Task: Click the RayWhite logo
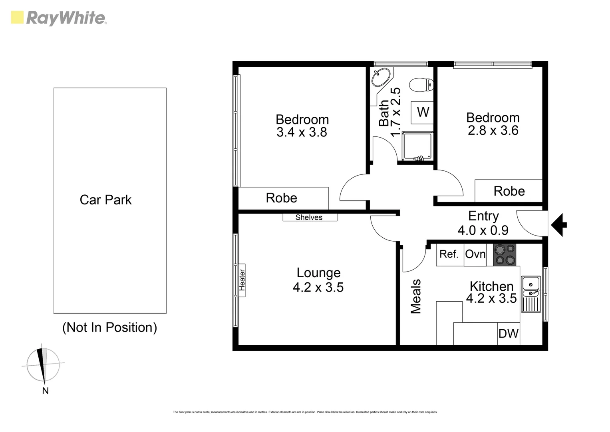click(59, 18)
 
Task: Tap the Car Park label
click(105, 200)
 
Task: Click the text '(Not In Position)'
click(109, 327)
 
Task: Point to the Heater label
click(242, 280)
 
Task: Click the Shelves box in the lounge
click(310, 217)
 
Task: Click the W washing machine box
click(423, 112)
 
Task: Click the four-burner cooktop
click(505, 255)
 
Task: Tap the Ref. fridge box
click(449, 254)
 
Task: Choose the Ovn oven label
click(475, 254)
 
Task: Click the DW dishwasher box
click(509, 334)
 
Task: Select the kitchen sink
click(531, 294)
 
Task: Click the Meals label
click(416, 296)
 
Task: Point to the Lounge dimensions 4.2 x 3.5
click(318, 287)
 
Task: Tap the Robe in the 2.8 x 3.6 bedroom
click(509, 191)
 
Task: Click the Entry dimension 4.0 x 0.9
click(483, 230)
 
